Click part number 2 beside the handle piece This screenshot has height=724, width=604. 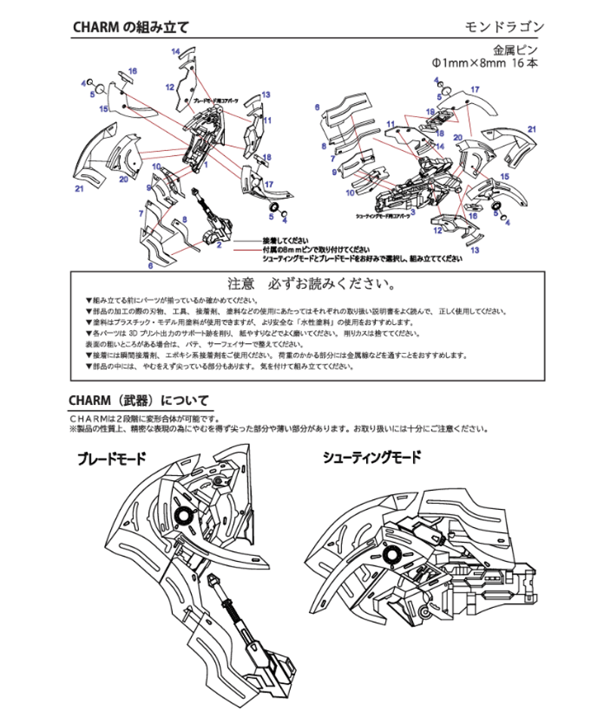point(218,245)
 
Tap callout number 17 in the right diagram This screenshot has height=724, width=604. point(475,90)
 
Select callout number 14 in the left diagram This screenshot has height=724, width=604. point(174,51)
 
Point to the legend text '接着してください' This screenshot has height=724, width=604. point(288,239)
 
